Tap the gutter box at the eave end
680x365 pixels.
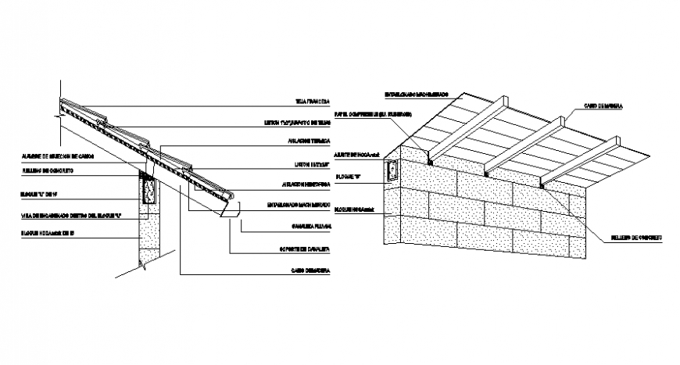point(229,210)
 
